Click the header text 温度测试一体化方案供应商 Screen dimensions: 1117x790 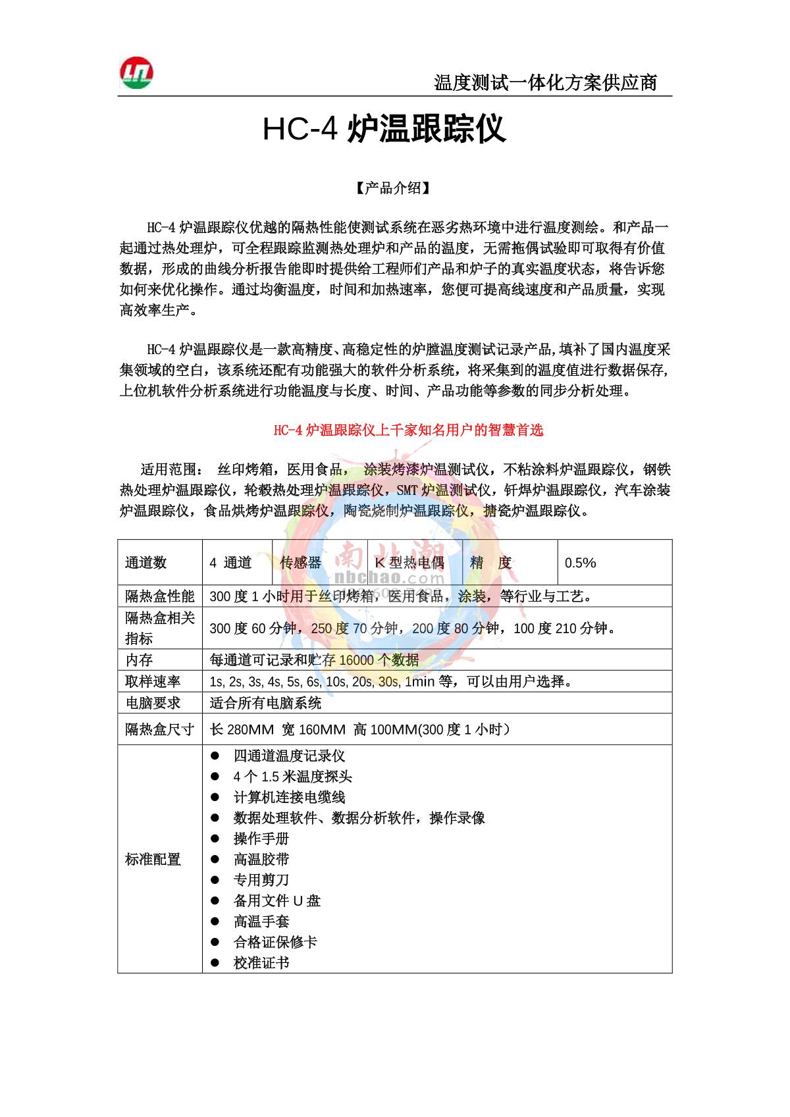545,83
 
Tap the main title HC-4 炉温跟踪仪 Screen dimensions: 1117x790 384,130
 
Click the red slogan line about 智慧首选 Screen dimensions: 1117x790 408,430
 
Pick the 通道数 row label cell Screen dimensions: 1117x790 146,563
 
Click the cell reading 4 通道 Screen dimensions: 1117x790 230,563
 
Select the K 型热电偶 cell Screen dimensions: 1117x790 409,563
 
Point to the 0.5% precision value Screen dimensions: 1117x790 580,563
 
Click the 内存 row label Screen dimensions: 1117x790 139,660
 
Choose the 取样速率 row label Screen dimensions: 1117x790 153,681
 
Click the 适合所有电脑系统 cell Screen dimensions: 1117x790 265,703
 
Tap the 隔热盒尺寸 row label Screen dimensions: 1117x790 159,729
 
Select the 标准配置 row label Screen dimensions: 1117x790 153,859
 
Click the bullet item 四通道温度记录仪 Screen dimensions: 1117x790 289,756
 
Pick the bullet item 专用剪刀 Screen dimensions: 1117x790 261,880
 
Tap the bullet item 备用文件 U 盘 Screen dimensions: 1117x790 277,900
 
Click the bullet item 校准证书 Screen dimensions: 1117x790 261,963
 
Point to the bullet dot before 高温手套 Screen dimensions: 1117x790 215,922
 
